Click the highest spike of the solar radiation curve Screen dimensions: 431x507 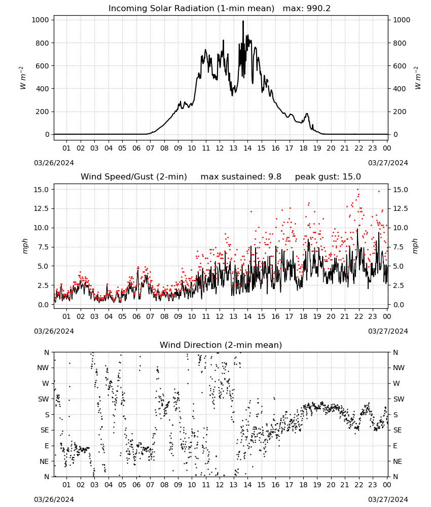(x=243, y=21)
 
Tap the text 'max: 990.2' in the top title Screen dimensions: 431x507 (x=307, y=9)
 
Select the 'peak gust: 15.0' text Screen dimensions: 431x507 (x=328, y=177)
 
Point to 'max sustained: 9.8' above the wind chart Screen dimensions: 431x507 (x=241, y=177)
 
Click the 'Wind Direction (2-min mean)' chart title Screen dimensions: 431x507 (x=221, y=345)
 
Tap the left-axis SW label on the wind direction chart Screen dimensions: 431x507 (x=44, y=399)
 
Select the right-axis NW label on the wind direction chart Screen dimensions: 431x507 (x=399, y=368)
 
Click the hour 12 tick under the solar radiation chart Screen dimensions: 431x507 (x=220, y=148)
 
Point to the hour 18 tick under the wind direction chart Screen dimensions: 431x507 (x=303, y=485)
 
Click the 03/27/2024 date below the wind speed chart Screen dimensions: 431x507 (x=388, y=331)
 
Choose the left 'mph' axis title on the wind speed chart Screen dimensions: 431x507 (x=25, y=246)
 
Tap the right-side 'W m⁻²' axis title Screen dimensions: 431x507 (x=417, y=78)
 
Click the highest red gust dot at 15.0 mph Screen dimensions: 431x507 (x=357, y=190)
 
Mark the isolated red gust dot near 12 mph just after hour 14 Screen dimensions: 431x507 (x=251, y=212)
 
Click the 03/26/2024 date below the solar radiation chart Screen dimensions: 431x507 (x=54, y=163)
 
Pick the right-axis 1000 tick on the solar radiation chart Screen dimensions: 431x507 (x=401, y=20)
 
